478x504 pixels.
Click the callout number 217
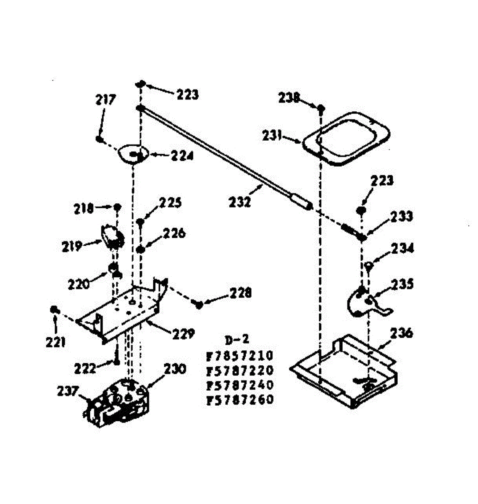pyautogui.click(x=105, y=100)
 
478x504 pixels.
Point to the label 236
pyautogui.click(x=401, y=333)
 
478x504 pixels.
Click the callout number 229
pyautogui.click(x=184, y=334)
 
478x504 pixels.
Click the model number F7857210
pyautogui.click(x=239, y=356)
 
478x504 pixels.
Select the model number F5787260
pyautogui.click(x=239, y=400)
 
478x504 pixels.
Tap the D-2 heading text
pyautogui.click(x=237, y=340)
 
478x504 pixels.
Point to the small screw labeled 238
pyautogui.click(x=321, y=108)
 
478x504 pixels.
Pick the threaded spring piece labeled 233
pyautogui.click(x=354, y=231)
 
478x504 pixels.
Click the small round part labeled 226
pyautogui.click(x=141, y=249)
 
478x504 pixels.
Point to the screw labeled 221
pyautogui.click(x=54, y=310)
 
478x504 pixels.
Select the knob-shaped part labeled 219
pyautogui.click(x=113, y=236)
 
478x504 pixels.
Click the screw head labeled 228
pyautogui.click(x=199, y=304)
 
